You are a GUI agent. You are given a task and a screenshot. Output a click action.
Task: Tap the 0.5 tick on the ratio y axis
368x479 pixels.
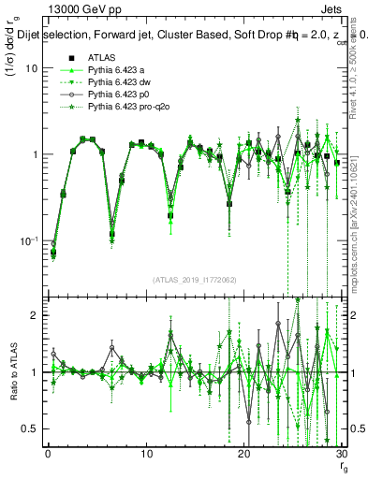point(31,428)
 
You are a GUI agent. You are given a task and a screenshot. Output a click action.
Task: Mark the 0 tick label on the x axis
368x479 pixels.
point(47,453)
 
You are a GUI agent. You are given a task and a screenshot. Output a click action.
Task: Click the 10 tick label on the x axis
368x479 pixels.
point(145,453)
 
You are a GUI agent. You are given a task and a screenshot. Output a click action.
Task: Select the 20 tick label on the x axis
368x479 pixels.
point(243,453)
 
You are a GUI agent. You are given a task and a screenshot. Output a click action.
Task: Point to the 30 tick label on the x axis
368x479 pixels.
point(341,453)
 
